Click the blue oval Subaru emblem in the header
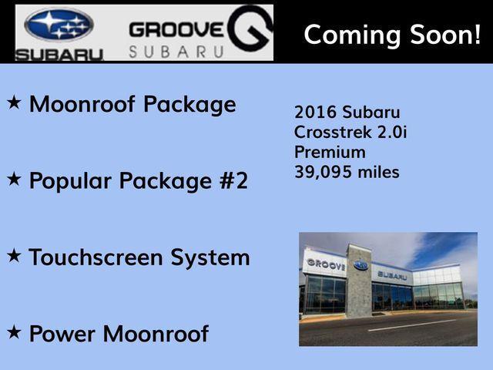[x=59, y=25]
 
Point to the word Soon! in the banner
[x=447, y=34]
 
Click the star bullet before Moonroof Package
[x=14, y=102]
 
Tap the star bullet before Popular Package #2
[x=14, y=179]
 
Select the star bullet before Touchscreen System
[x=14, y=255]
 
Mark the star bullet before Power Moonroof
[x=14, y=332]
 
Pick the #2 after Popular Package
[x=228, y=180]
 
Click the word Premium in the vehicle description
[x=330, y=152]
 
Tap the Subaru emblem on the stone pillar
[x=361, y=265]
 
